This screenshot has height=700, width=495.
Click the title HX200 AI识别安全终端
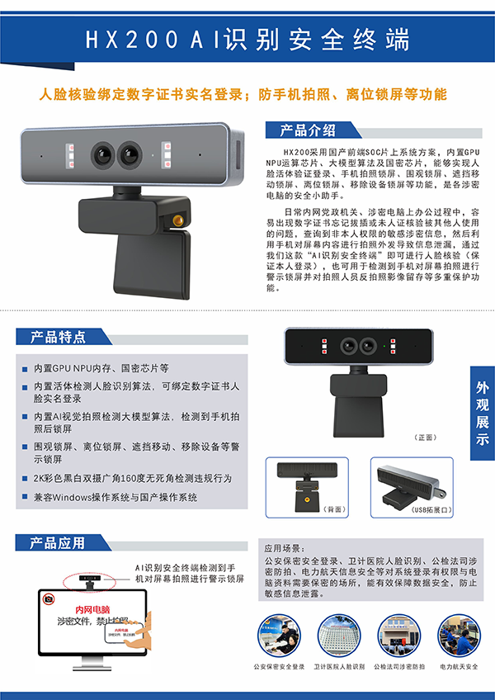[247, 40]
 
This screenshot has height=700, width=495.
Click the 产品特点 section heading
[58, 337]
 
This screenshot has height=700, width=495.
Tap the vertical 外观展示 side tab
[483, 413]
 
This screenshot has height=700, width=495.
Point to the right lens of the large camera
[132, 154]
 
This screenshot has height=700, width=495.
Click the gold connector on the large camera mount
[177, 220]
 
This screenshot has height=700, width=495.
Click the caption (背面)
[312, 509]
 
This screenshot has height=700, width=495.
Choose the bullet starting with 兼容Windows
[115, 498]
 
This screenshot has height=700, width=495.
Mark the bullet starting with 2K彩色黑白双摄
[132, 479]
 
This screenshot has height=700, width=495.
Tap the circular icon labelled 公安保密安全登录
[280, 634]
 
